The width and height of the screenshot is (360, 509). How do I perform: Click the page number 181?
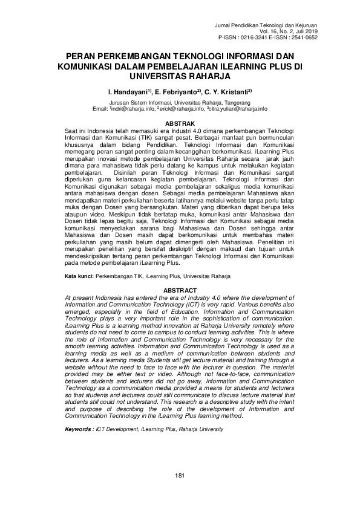(179, 476)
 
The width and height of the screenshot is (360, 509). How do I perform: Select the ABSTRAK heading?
(179, 122)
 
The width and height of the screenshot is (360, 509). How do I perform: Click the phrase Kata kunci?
(79, 276)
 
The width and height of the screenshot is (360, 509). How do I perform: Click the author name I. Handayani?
(128, 93)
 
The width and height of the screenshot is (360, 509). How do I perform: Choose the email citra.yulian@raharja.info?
(238, 109)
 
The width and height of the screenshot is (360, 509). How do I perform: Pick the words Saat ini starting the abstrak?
(76, 130)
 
